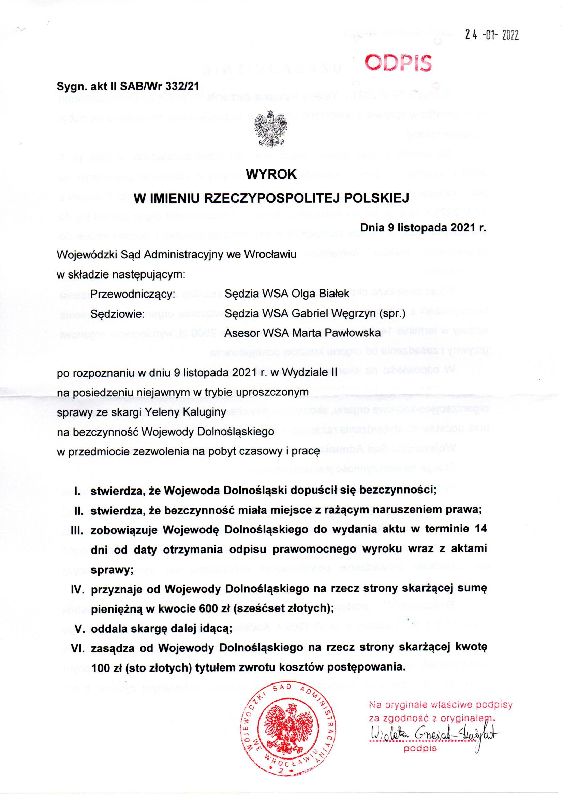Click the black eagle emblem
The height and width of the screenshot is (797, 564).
271,129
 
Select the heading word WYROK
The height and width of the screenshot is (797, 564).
271,175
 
